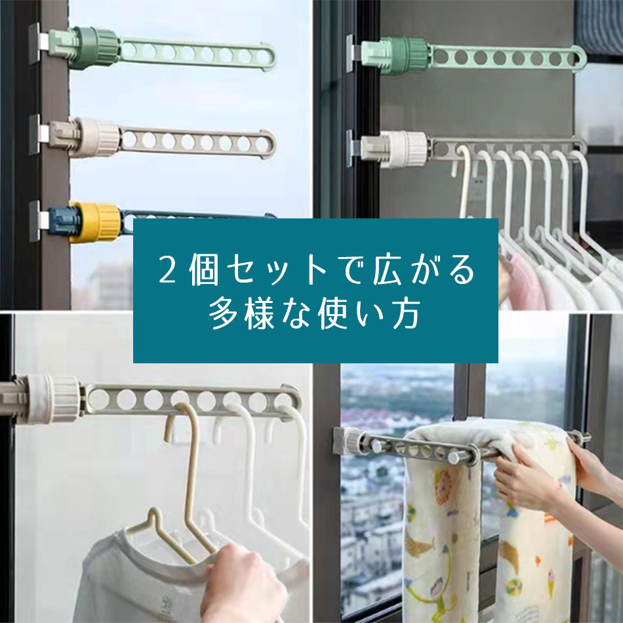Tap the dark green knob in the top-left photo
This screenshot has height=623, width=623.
[x=95, y=48]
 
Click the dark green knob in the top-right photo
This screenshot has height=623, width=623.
[x=409, y=56]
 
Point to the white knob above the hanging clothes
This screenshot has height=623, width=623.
[x=405, y=149]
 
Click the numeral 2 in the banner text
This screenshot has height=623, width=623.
[x=167, y=270]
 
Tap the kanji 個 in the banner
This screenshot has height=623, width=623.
[x=203, y=270]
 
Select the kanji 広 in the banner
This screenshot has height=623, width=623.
[x=388, y=270]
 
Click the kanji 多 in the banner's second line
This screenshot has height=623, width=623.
[x=223, y=314]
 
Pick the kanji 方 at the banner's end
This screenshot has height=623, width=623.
[x=406, y=314]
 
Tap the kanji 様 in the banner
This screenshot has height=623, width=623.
[x=260, y=314]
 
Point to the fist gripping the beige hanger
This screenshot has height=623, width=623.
[x=243, y=584]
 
